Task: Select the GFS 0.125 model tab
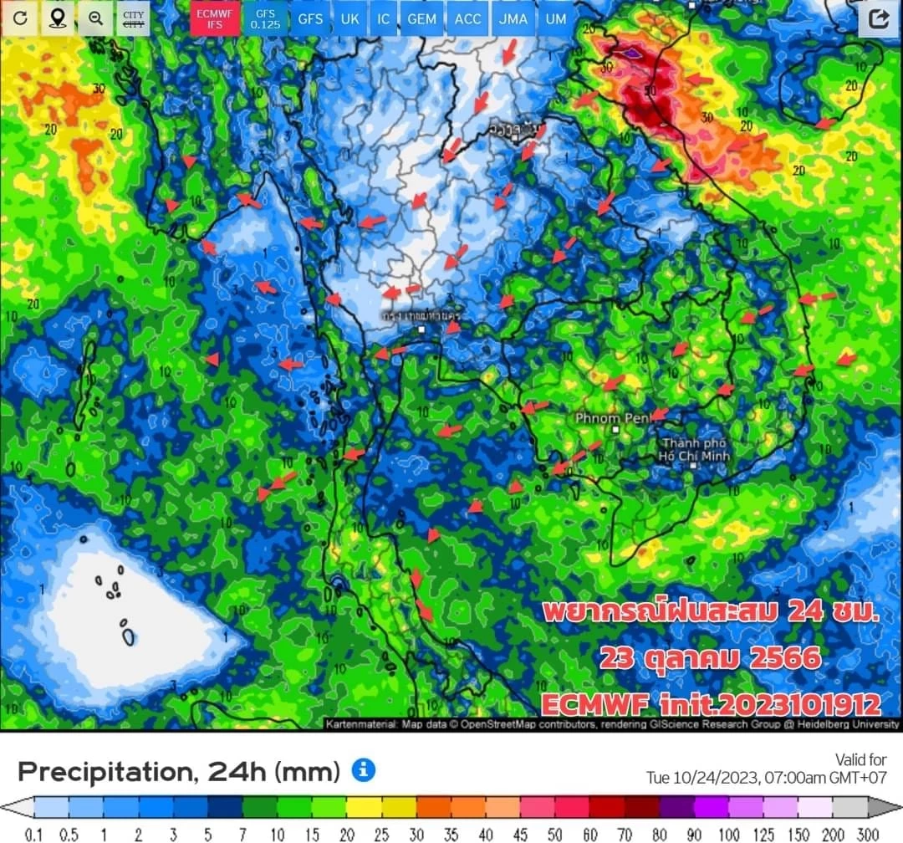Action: point(264,18)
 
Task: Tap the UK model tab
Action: point(349,18)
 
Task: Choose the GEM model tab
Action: point(421,18)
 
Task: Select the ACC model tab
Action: point(468,18)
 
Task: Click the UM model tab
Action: point(555,18)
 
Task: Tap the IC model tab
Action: point(383,18)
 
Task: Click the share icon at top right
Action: point(879,19)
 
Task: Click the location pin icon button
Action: point(57,18)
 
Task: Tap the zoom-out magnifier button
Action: point(95,18)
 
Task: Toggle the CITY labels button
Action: point(133,18)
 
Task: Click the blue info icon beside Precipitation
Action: point(363,769)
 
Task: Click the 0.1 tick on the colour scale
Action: point(35,833)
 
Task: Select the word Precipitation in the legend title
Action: point(96,771)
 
